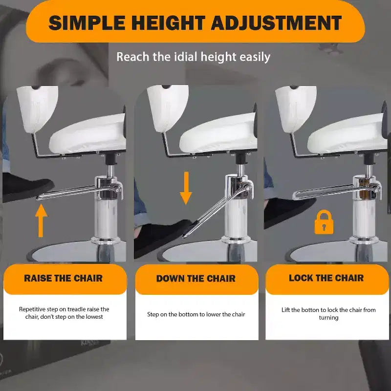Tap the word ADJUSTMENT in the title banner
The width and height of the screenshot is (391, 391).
point(276,22)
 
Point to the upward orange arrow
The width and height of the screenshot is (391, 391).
point(41,220)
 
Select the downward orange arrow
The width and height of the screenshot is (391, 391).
point(186,188)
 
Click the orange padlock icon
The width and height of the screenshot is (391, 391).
point(324,222)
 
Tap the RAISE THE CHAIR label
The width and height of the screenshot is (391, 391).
point(64,278)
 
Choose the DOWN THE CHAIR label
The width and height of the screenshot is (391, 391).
point(196,278)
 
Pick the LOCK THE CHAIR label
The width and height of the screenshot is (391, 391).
point(326,278)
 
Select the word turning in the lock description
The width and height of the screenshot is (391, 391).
point(328,318)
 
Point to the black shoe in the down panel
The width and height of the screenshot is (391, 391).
point(162,237)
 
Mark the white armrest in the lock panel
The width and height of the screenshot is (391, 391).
point(296,109)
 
